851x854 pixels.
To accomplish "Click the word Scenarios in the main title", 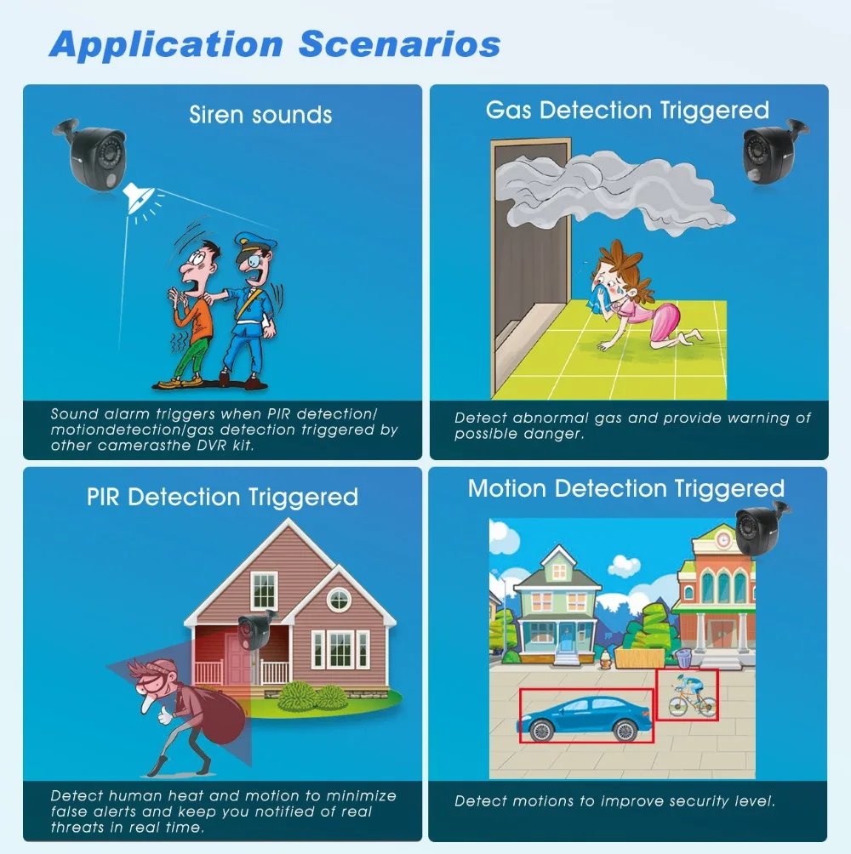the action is pyautogui.click(x=399, y=43).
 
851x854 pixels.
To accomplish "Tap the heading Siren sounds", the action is pyautogui.click(x=260, y=115).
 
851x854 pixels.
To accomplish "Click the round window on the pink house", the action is pyautogui.click(x=339, y=600).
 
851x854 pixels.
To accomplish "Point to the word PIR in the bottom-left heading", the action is pyautogui.click(x=103, y=498).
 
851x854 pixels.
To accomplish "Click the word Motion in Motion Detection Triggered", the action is pyautogui.click(x=506, y=488).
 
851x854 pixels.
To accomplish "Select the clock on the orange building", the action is pyautogui.click(x=723, y=540).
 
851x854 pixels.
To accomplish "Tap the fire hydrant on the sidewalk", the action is pyautogui.click(x=605, y=659).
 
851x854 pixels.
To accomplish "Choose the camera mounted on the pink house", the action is pyautogui.click(x=256, y=629).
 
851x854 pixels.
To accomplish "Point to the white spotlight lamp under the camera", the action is pyautogui.click(x=138, y=197).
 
